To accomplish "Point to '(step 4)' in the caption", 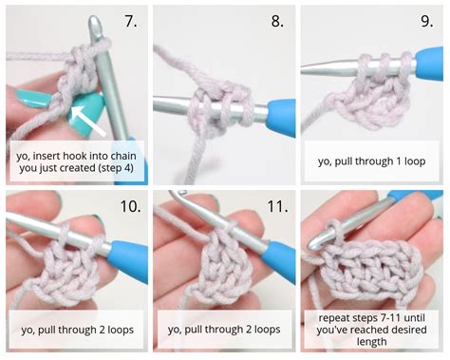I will point(107,163).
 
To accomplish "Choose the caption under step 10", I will point(75,331).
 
